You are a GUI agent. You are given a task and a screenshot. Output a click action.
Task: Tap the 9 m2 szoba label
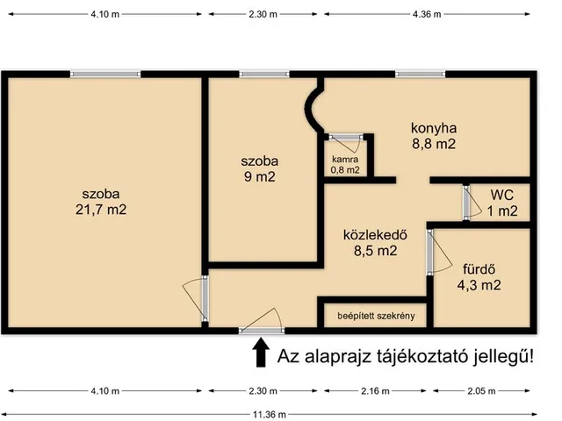tap(261, 176)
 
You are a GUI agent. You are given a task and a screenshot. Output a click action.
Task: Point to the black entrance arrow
tap(261, 353)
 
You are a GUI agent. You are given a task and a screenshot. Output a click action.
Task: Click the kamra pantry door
tap(345, 136)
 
